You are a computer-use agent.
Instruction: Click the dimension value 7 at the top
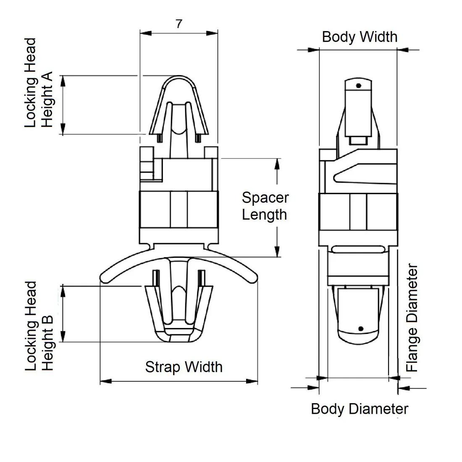pos(179,24)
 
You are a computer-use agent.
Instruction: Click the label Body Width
pos(360,37)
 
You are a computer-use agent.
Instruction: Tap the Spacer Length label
pos(265,206)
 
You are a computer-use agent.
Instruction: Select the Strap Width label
pos(184,367)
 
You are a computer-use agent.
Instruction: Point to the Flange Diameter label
pos(412,318)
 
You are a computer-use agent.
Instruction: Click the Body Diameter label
pos(360,409)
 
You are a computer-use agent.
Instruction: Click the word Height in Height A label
pos(47,99)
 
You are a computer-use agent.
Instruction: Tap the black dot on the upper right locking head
pos(359,86)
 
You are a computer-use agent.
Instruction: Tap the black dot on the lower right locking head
pos(361,328)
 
